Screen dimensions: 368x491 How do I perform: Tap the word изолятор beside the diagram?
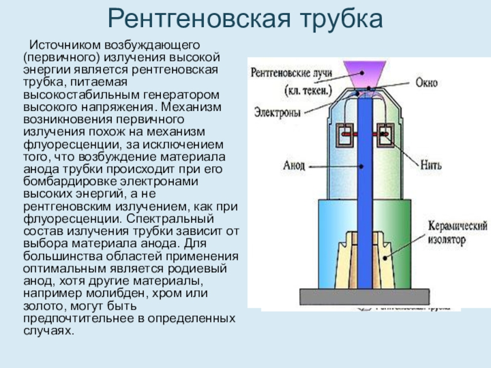click(443, 237)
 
